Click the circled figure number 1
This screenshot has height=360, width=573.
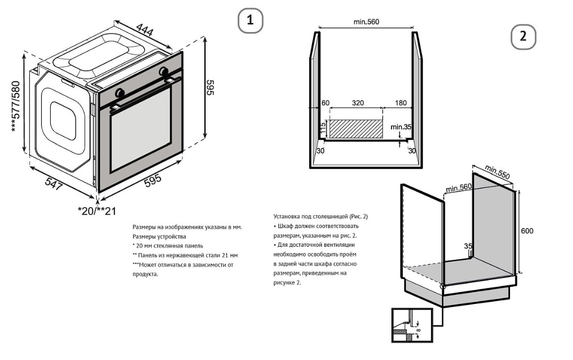(250, 21)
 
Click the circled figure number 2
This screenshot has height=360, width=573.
(523, 36)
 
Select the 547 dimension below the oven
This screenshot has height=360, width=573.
(54, 183)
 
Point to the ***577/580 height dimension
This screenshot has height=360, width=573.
(15, 107)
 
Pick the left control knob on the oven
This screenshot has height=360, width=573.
(120, 93)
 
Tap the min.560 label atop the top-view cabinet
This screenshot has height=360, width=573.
(366, 22)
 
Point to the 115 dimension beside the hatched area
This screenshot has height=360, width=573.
(323, 128)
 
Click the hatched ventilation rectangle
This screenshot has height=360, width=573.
(356, 129)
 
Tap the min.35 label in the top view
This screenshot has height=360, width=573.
(401, 127)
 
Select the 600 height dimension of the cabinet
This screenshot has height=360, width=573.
(527, 231)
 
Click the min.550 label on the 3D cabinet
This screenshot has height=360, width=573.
(497, 171)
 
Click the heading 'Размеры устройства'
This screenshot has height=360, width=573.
(159, 236)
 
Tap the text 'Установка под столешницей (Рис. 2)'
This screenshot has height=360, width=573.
(320, 216)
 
